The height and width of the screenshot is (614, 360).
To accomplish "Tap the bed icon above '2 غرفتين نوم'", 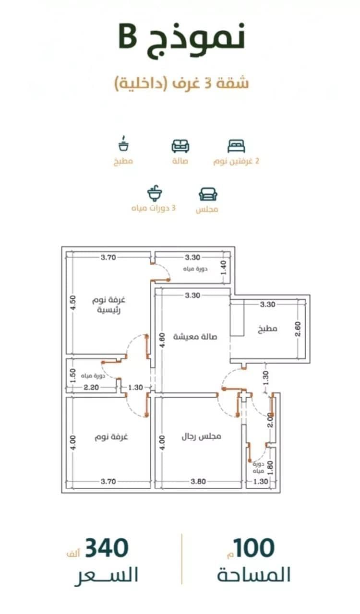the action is (236, 146).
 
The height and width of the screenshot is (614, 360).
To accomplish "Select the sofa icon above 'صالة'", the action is (180, 146).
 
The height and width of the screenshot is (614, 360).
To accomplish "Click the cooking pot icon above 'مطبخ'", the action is (124, 143).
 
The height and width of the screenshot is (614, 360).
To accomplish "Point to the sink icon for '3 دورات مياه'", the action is (155, 193).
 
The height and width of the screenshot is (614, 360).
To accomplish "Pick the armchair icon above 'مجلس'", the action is (208, 194).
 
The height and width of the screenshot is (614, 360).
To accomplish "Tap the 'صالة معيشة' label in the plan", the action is (195, 336).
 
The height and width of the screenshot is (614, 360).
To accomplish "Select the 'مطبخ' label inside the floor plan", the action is (267, 329).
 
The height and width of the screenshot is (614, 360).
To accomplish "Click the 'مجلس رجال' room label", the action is (202, 436).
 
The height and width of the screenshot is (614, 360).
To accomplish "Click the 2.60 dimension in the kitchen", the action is (298, 329).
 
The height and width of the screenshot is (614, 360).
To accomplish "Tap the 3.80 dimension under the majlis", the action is (198, 481).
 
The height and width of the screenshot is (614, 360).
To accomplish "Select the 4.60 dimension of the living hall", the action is (162, 340).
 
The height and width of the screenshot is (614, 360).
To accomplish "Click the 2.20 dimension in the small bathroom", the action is (91, 387).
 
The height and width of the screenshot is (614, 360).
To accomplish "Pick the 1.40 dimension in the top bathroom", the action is (224, 268).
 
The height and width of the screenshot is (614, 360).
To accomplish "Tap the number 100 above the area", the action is (254, 547).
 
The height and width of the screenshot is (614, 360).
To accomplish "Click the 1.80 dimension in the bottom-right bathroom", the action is (270, 468).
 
